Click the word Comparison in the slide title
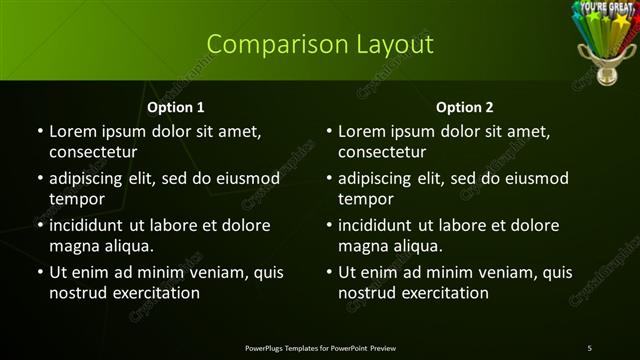pyautogui.click(x=266, y=44)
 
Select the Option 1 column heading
pyautogui.click(x=176, y=107)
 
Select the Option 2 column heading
pyautogui.click(x=465, y=107)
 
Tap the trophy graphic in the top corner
pyautogui.click(x=604, y=40)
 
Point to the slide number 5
pyautogui.click(x=589, y=347)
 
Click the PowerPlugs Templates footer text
pyautogui.click(x=320, y=347)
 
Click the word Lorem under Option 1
pyautogui.click(x=71, y=131)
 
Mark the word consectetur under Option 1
pyautogui.click(x=93, y=152)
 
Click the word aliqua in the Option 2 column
pyautogui.click(x=418, y=246)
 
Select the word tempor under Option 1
pyautogui.click(x=75, y=199)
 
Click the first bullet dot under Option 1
pyautogui.click(x=40, y=131)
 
